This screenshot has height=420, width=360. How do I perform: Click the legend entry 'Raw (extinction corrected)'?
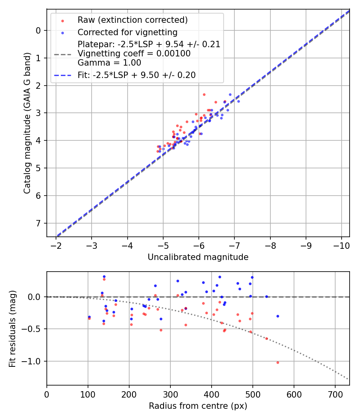pos(132,20)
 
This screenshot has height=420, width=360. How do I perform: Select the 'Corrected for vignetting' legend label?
pos(127,32)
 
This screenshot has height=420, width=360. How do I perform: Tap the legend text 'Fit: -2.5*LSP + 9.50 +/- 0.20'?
pos(136,75)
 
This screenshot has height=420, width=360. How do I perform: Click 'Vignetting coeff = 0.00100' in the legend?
pos(134,54)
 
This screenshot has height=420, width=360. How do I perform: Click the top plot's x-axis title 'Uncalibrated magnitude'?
pos(198,257)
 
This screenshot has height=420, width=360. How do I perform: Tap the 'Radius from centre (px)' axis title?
pos(198,406)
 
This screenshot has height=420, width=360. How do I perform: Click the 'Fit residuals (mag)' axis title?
pos(12,329)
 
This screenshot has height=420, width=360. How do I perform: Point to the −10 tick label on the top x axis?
pos(341,244)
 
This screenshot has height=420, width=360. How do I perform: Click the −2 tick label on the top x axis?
pos(56,244)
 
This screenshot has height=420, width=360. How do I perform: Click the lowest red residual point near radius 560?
pos(278,362)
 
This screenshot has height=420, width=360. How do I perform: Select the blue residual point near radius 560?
pos(278,316)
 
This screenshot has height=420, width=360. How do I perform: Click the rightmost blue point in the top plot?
pos(238,101)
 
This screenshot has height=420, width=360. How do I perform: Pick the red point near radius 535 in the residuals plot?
pos(266,338)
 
